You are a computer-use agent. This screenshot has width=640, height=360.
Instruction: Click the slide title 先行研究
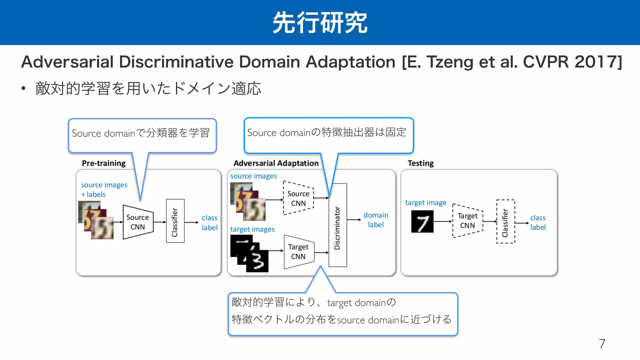320,22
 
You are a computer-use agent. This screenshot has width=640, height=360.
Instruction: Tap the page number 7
602,344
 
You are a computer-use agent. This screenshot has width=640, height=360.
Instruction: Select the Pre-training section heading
103,163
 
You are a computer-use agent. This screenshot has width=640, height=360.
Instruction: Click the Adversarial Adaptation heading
276,163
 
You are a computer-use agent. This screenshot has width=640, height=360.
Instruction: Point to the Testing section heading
421,163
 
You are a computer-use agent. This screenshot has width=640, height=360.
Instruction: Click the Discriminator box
337,225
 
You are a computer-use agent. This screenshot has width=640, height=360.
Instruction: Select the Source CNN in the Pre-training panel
138,222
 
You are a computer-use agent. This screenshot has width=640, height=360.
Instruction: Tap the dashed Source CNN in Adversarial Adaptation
298,198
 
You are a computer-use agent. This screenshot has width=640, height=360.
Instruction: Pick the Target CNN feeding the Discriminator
299,252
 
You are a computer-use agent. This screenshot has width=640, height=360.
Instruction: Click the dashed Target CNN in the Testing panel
467,221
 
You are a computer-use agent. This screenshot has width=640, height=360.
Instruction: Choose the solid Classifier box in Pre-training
175,221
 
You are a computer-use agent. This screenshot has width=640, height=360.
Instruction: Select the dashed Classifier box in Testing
505,222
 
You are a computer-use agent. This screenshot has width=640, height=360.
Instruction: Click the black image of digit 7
422,222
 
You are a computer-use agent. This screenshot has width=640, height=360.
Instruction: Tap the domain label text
376,220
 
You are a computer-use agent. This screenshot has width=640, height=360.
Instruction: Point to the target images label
252,229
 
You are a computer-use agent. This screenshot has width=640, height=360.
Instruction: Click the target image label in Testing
426,203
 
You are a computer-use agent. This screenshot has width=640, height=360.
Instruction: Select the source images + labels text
104,190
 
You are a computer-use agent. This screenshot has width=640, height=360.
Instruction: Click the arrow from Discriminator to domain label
354,220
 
